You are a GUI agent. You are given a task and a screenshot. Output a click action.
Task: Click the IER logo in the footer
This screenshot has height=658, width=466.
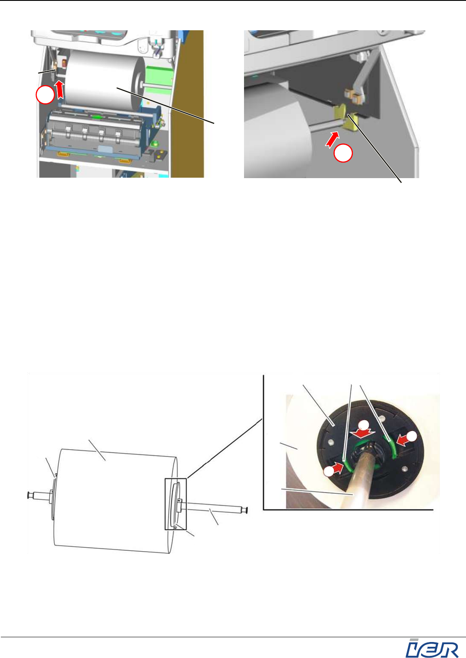click(x=432, y=648)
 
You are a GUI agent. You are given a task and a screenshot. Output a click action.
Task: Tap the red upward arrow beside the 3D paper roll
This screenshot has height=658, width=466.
click(x=60, y=90)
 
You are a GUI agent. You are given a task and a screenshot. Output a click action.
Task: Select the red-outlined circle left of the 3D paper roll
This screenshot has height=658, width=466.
click(x=45, y=95)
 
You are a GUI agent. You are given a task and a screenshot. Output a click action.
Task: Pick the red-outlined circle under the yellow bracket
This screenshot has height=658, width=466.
click(x=343, y=153)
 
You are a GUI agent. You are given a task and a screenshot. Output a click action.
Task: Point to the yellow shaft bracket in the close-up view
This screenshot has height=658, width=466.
click(x=347, y=118)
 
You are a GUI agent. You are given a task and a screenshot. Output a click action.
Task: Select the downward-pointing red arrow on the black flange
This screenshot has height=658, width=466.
click(x=365, y=434)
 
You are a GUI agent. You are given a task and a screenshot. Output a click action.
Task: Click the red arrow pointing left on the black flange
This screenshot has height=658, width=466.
click(x=403, y=441)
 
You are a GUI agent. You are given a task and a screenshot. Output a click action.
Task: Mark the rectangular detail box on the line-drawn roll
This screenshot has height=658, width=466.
click(x=175, y=504)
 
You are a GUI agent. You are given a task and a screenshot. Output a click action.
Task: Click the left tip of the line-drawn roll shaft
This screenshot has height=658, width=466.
click(x=28, y=495)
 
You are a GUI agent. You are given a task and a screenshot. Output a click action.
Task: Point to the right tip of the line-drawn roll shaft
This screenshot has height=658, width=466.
click(x=247, y=511)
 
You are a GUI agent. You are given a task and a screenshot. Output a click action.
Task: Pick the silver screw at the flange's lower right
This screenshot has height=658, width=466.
click(x=405, y=469)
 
